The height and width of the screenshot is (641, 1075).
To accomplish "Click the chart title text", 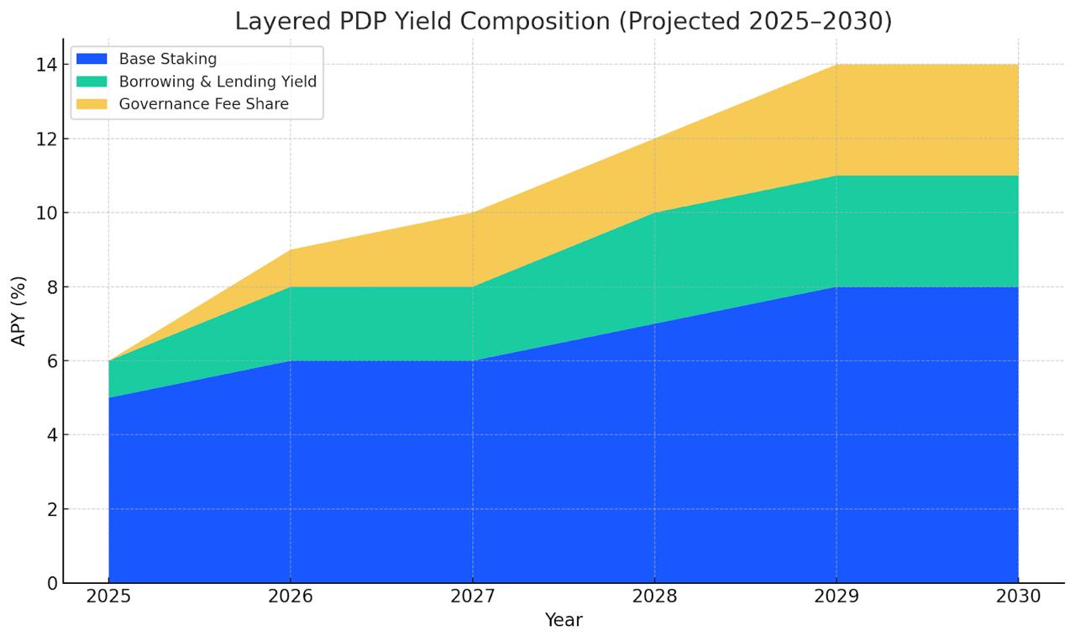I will [563, 20].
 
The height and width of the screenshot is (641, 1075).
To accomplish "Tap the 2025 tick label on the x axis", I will [108, 596].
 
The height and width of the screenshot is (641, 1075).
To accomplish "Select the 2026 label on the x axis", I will [291, 596].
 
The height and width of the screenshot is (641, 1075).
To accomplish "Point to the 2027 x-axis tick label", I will [472, 596].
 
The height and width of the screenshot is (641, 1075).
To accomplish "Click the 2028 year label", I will [654, 596].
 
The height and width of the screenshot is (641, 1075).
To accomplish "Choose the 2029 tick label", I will [836, 596].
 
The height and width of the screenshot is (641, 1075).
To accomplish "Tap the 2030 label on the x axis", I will [1018, 596].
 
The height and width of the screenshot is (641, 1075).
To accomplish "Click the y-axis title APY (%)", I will [19, 311].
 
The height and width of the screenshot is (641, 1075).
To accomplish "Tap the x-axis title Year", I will [563, 620].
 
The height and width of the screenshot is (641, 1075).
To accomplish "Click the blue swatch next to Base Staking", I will [92, 59].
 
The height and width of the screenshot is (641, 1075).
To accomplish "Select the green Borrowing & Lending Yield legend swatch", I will [92, 81].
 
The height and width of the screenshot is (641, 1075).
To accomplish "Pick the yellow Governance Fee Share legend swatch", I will [92, 104].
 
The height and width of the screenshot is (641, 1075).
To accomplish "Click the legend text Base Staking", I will [168, 59].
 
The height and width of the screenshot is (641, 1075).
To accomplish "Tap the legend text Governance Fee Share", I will [204, 104].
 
